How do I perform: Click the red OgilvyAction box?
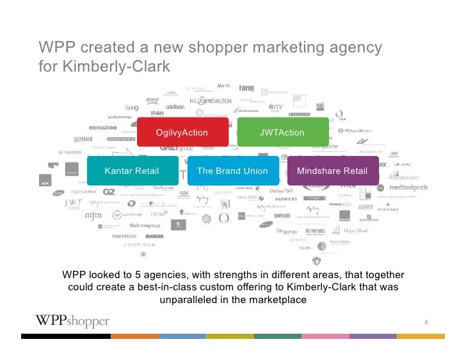point(182,133)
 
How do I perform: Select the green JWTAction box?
point(282,133)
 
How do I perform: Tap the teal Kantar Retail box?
point(132,171)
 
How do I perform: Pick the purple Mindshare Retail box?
point(332,171)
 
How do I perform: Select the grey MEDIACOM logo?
point(102,128)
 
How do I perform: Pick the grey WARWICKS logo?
point(285,199)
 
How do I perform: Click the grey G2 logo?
point(109,191)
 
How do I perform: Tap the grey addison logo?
point(175,107)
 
